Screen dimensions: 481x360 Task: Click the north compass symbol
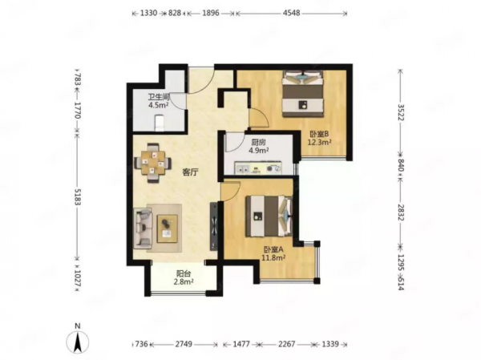click(x=78, y=339)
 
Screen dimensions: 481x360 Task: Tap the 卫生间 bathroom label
click(x=159, y=97)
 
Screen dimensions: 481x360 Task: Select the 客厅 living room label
click(x=190, y=172)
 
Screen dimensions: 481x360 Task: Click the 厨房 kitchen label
click(x=258, y=143)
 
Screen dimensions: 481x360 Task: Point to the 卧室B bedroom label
click(x=319, y=134)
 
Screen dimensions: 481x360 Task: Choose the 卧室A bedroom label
click(x=273, y=249)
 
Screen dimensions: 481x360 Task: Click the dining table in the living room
click(x=153, y=163)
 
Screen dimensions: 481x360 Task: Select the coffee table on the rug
click(x=168, y=229)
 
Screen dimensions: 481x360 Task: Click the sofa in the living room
click(x=143, y=228)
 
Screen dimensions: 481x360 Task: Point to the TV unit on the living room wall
click(x=213, y=226)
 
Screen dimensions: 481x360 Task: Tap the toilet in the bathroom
click(x=160, y=123)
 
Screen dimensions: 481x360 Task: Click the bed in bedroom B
click(x=303, y=95)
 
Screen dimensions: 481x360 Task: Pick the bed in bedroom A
click(x=269, y=216)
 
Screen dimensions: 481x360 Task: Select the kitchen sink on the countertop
click(x=242, y=169)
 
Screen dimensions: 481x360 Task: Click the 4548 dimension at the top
click(x=292, y=13)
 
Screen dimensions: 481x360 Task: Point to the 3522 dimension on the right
click(x=401, y=112)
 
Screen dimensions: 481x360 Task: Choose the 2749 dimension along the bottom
click(x=184, y=344)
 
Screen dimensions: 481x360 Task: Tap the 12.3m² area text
click(x=320, y=142)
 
